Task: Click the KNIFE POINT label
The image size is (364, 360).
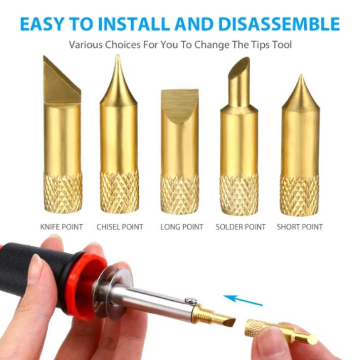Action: tap(61, 226)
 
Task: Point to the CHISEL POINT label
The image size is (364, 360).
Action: tap(119, 226)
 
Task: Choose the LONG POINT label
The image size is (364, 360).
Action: tap(182, 226)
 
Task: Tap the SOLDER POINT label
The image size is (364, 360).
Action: tap(240, 226)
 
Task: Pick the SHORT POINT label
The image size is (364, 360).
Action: tap(300, 226)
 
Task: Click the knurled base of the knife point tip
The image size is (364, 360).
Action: tap(62, 192)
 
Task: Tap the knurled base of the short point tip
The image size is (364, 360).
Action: tap(300, 195)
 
